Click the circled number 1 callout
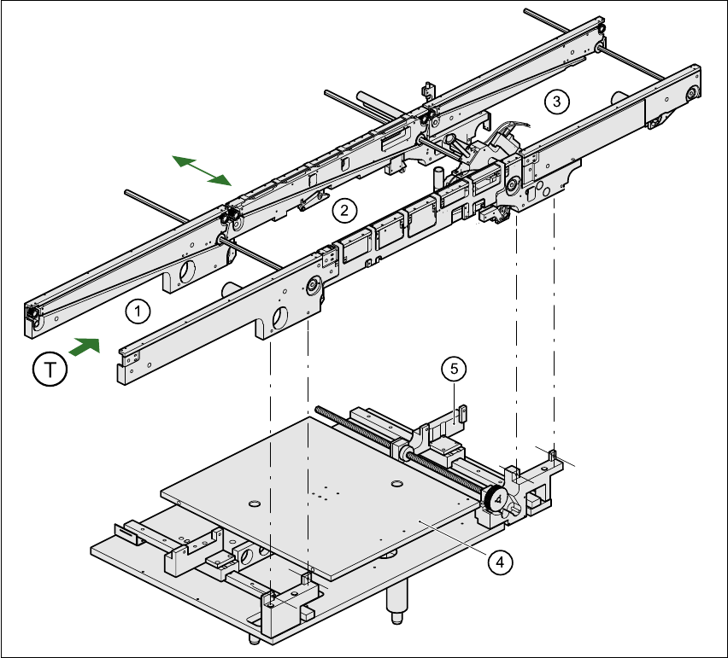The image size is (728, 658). click(x=138, y=312)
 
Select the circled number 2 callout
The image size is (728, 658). click(x=344, y=211)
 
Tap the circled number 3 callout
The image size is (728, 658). click(x=556, y=101)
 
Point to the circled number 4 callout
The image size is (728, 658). click(x=500, y=562)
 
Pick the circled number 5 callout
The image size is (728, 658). click(x=454, y=369)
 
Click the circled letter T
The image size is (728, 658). click(x=50, y=370)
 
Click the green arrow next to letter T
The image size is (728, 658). click(x=85, y=346)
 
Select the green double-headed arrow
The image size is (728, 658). click(x=202, y=171)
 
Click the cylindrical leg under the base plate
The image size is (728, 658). click(x=396, y=601)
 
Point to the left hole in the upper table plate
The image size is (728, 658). click(x=254, y=504)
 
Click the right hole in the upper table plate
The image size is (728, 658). click(x=396, y=484)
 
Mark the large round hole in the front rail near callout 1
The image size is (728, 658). click(x=280, y=317)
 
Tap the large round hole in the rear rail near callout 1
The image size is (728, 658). click(x=187, y=271)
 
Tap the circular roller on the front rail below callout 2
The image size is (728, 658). click(x=314, y=285)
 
